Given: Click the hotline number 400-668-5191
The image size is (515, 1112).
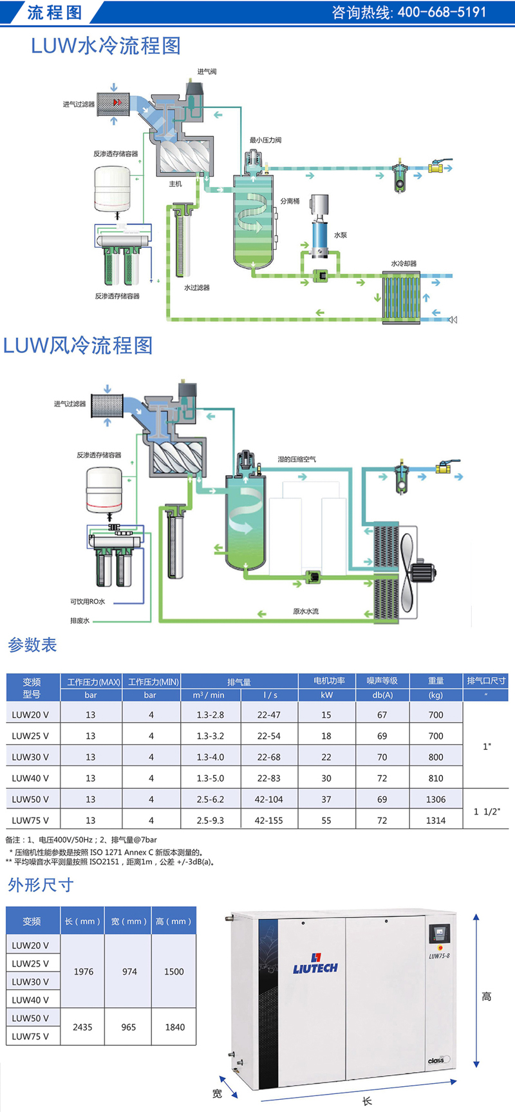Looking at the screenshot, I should [x=442, y=12].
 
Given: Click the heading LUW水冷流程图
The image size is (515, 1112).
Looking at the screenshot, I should [x=106, y=46].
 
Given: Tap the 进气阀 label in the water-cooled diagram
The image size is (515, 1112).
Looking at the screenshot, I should [x=207, y=71].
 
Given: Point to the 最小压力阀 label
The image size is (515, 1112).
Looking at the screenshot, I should [x=265, y=140].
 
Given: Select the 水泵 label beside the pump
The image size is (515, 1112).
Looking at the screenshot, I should [x=340, y=235].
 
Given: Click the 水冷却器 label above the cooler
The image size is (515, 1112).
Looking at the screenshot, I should [x=404, y=264].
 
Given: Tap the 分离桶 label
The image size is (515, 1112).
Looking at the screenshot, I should [x=290, y=201].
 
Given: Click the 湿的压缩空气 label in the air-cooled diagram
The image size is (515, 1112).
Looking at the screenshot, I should [x=297, y=459].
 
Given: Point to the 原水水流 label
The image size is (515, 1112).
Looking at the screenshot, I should [x=306, y=611].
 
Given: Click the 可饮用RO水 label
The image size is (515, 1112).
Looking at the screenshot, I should [x=88, y=601].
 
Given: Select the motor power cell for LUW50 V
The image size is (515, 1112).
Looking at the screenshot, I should [x=326, y=799].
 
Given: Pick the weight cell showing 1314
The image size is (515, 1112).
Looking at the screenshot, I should [x=436, y=821].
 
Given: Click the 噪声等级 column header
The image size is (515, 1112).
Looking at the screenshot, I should [x=382, y=680].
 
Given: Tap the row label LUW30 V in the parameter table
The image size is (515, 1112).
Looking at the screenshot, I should [x=30, y=757].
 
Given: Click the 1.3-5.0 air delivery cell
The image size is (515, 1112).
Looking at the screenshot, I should [x=211, y=778].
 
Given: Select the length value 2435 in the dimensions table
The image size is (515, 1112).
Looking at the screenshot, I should [x=82, y=1027].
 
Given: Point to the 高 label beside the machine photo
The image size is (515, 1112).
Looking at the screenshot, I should [x=487, y=997].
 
